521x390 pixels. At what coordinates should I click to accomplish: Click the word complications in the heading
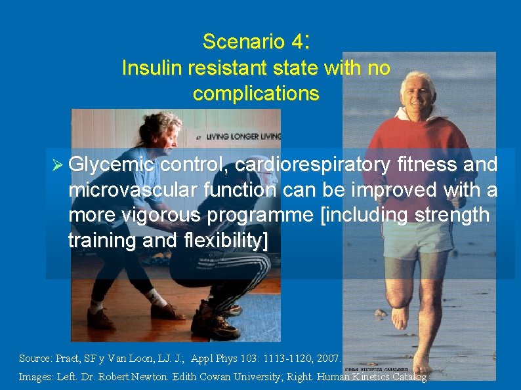256,93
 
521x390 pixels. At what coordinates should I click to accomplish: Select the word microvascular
122,190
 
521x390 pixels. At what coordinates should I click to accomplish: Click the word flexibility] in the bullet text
222,241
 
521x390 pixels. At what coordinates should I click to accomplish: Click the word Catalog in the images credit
407,377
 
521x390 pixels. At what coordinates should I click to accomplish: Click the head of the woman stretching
169,128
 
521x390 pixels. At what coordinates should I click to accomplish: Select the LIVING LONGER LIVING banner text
243,137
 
